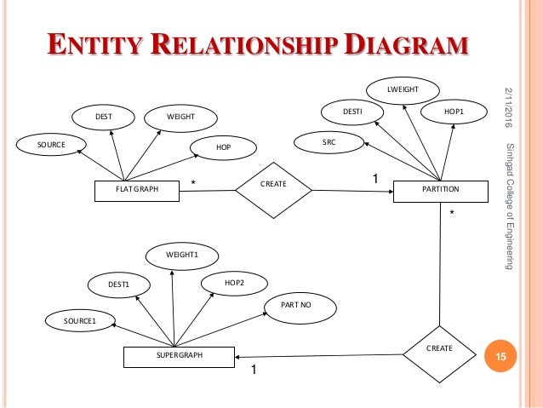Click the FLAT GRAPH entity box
tap(137, 189)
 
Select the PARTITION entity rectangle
tap(440, 189)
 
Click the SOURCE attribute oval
tap(49, 144)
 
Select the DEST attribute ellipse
tap(104, 116)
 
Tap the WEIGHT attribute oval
tap(180, 116)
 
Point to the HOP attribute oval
tap(224, 147)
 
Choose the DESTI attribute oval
tap(352, 112)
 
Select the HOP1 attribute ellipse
tap(454, 112)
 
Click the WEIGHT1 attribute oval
tap(181, 255)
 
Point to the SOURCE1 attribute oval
tap(80, 321)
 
